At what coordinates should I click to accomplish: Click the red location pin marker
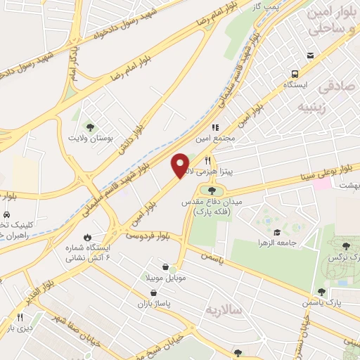[x=181, y=165]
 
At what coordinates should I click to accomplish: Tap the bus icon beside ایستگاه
[x=295, y=73]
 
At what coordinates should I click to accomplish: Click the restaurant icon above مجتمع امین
[x=215, y=128]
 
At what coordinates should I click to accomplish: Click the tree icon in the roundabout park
[x=212, y=190]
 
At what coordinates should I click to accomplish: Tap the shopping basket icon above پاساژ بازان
[x=153, y=293]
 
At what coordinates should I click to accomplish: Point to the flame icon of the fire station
[x=88, y=238]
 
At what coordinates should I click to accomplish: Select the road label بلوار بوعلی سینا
[x=326, y=169]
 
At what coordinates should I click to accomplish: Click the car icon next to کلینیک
[x=6, y=214]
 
